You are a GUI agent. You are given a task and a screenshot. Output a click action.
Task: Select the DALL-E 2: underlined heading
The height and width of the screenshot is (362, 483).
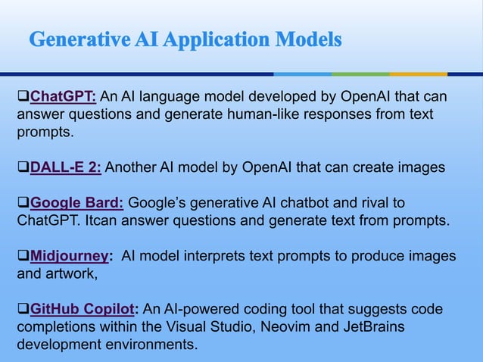66,167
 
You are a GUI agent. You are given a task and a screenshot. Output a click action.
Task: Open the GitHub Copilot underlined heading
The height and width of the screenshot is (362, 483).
83,311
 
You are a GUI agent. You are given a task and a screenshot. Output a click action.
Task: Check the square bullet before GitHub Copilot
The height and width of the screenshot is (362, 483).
23,311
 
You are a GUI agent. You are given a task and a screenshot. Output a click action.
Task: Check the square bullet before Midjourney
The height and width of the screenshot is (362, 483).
23,257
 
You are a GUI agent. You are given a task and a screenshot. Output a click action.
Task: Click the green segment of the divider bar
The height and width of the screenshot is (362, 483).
360,74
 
